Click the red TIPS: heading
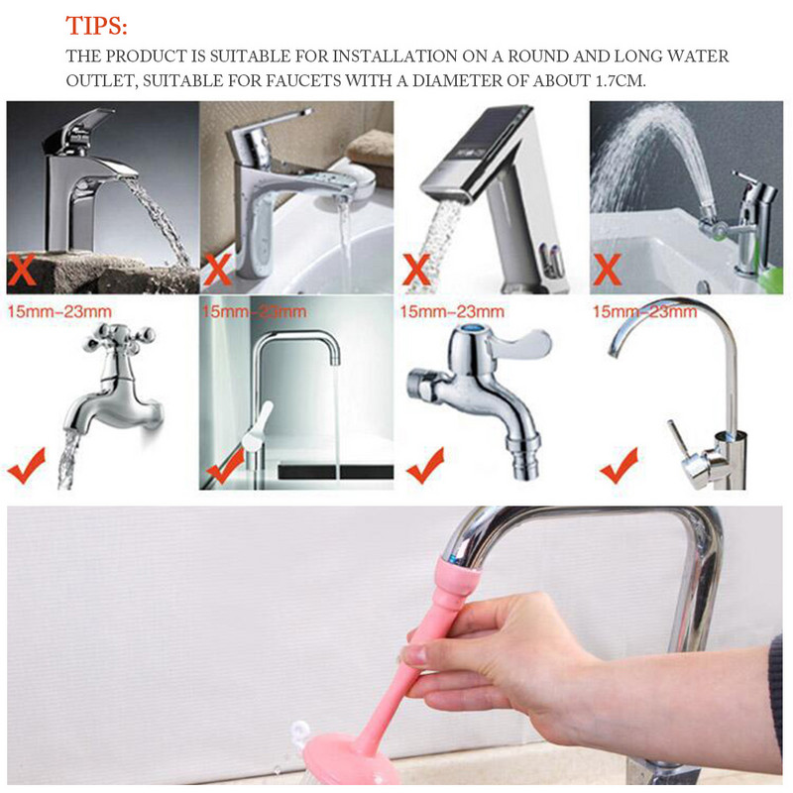[96, 25]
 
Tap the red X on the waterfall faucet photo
[24, 269]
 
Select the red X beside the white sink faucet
[219, 269]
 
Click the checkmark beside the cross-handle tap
[27, 465]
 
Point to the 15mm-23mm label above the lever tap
[452, 312]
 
